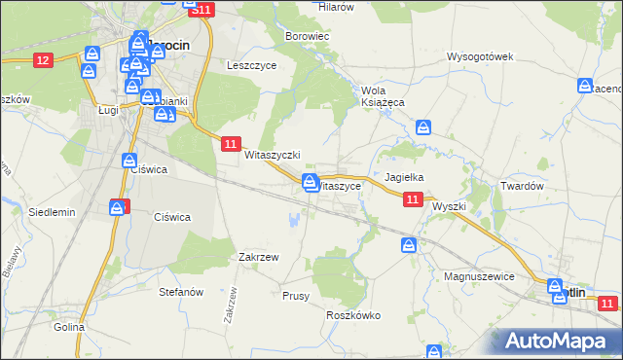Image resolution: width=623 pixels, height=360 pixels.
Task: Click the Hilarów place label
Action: click(x=336, y=6)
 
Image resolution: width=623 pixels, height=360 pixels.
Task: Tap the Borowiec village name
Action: click(x=307, y=36)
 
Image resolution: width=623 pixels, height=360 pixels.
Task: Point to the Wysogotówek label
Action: click(x=479, y=56)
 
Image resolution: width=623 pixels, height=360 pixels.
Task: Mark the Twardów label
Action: click(x=521, y=185)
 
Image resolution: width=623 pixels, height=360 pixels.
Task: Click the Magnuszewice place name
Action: click(x=478, y=276)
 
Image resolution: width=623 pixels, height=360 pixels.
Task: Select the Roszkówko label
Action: click(x=353, y=315)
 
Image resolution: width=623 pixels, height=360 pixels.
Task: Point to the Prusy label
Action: click(x=295, y=296)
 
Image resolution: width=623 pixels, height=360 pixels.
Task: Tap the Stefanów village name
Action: click(x=180, y=291)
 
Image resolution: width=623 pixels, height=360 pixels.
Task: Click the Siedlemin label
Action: click(x=52, y=211)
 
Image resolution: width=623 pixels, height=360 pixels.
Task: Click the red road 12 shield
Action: click(x=42, y=60)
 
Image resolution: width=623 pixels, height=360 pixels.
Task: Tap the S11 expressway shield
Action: click(x=201, y=9)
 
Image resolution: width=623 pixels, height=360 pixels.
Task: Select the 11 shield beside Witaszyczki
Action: click(x=230, y=144)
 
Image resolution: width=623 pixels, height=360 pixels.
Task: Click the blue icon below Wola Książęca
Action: click(x=423, y=127)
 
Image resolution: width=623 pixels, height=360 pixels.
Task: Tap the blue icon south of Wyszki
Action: click(x=410, y=245)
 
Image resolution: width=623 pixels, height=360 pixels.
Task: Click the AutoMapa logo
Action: click(x=556, y=341)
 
